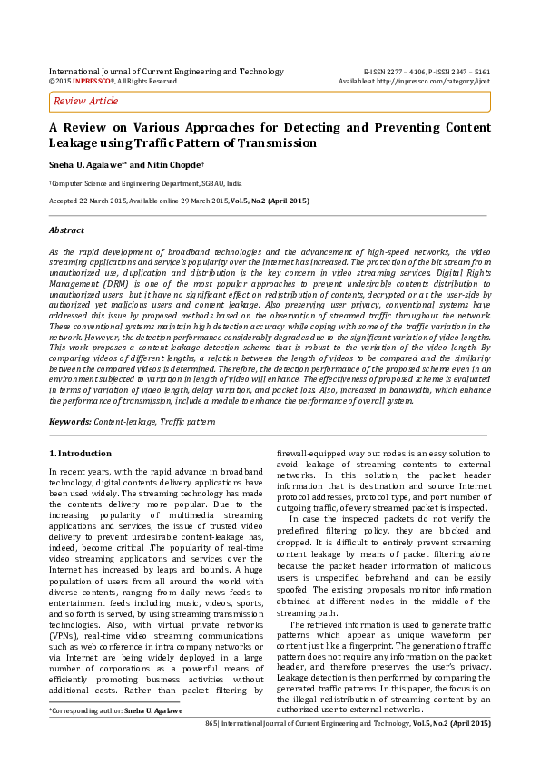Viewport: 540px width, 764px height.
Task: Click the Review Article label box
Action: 86,101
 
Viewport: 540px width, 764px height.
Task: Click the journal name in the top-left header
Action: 166,71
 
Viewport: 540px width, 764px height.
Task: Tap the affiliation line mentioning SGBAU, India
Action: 146,182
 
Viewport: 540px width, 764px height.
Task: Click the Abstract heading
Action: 66,230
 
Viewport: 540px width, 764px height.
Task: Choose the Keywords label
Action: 69,422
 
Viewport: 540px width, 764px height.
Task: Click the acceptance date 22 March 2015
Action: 117,199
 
